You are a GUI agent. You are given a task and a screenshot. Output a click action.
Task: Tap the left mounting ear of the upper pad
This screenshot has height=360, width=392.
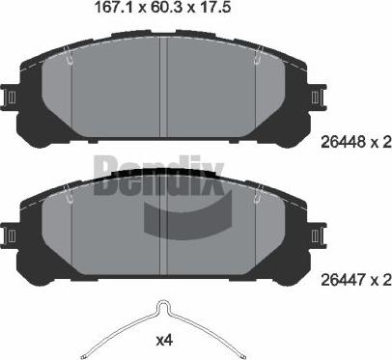point(11,97)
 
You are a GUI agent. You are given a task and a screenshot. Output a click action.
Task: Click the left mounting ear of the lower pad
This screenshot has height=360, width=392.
point(11,233)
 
